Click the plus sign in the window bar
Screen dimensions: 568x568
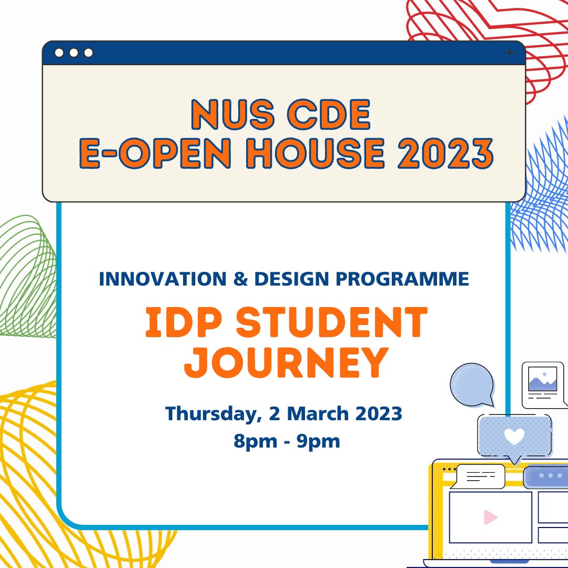[x=509, y=53]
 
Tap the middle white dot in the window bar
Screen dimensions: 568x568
[x=74, y=53]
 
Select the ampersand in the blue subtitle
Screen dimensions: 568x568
[x=240, y=279]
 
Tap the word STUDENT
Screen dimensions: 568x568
[x=332, y=323]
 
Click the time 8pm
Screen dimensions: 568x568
[x=255, y=441]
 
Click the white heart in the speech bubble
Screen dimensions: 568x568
[x=514, y=435]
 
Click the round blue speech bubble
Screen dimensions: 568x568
[x=472, y=384]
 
